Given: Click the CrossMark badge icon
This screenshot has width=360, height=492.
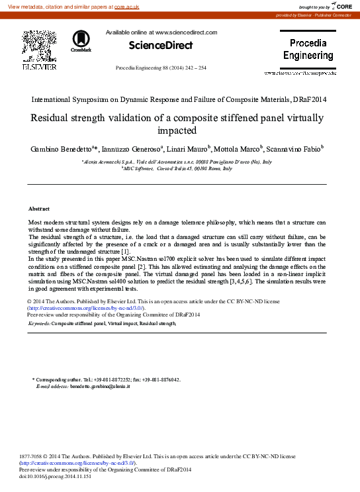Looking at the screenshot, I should click(x=81, y=40).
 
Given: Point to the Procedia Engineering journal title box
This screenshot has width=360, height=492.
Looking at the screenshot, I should click(x=308, y=50).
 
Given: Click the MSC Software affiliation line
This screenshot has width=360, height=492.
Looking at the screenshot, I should click(x=177, y=169).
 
